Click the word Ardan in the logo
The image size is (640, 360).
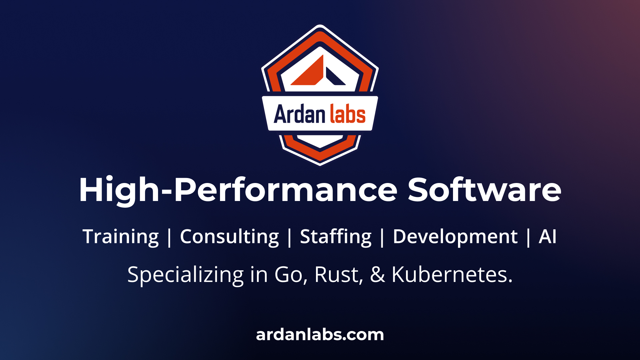(x=299, y=114)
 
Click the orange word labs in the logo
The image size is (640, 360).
(x=348, y=114)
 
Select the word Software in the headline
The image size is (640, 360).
(x=484, y=190)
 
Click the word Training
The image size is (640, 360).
(x=121, y=237)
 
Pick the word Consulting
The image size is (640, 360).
(x=229, y=237)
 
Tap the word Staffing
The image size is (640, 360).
(x=336, y=237)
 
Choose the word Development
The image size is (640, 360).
(x=455, y=237)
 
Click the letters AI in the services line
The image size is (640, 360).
(x=547, y=237)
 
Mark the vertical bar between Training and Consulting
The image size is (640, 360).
(x=169, y=237)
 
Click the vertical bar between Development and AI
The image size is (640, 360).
(x=528, y=237)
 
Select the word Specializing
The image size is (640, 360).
(x=186, y=275)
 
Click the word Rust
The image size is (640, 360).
(x=337, y=275)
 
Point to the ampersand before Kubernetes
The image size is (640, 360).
(x=377, y=275)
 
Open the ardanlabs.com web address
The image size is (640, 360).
(x=320, y=335)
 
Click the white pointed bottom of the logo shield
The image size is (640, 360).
(x=320, y=141)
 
